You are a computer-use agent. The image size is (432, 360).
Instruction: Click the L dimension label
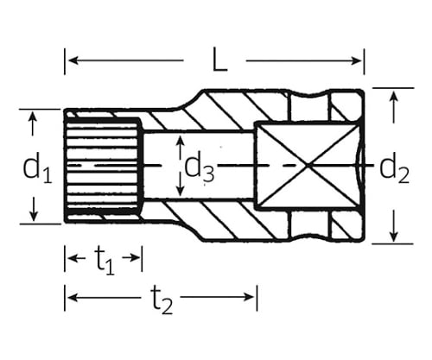[x=220, y=60]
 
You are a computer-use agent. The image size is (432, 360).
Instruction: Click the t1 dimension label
[x=105, y=261]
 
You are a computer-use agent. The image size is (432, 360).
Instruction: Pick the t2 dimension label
[x=162, y=300]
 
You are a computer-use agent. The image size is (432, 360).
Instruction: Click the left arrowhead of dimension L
[x=73, y=60]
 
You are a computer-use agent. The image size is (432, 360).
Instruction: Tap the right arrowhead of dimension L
[x=356, y=60]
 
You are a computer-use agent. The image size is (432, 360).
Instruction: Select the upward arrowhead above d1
[x=33, y=117]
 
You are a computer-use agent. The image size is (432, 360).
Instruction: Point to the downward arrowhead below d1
[x=34, y=216]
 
